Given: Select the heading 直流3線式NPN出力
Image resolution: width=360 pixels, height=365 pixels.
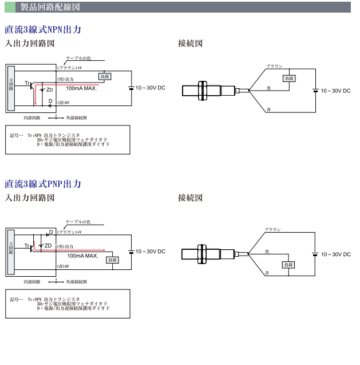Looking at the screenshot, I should [x=43, y=29].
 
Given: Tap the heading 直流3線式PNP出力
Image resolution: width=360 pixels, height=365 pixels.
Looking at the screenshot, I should [x=43, y=184].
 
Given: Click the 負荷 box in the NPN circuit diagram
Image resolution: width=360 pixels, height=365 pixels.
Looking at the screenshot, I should [x=105, y=76].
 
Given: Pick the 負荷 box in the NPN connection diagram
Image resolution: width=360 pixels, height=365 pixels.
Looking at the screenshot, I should [x=289, y=79].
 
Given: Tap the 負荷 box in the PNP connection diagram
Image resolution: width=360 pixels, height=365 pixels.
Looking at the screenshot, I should [x=289, y=265].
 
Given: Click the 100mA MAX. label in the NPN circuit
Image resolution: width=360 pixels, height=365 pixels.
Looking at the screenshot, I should [x=81, y=89].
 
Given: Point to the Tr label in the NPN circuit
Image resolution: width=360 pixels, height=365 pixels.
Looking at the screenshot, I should [x=27, y=84].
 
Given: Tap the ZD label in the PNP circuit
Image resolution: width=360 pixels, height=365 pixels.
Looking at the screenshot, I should [x=48, y=245].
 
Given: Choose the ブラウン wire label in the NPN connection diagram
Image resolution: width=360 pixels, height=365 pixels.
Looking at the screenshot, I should [x=274, y=66].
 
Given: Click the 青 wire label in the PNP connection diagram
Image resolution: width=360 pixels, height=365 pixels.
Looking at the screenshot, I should [x=267, y=274].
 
